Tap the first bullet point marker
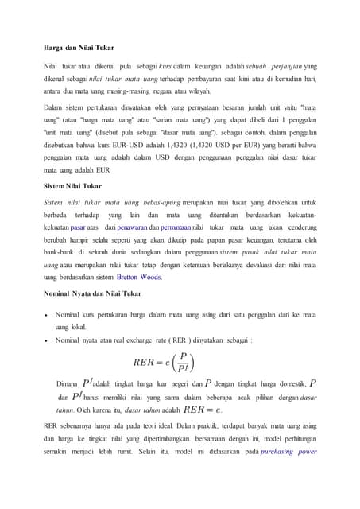[x=48, y=316]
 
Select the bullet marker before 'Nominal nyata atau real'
[x=48, y=340]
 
